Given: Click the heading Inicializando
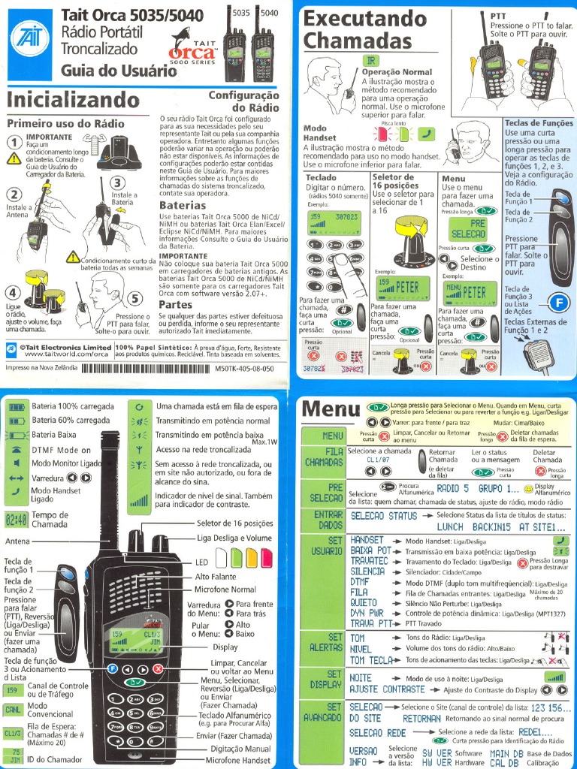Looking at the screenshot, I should click(x=73, y=100).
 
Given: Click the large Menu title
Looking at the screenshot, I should click(x=331, y=410).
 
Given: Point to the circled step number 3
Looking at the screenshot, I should click(x=117, y=182).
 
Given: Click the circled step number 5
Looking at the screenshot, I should click(x=136, y=298).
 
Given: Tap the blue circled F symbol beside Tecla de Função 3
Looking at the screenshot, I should click(x=559, y=303).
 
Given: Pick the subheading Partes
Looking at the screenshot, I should click(x=175, y=306).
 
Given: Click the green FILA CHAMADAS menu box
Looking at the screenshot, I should click(x=324, y=457).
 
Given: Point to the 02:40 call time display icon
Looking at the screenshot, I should click(x=17, y=519).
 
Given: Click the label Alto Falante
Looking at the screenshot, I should click(x=216, y=577).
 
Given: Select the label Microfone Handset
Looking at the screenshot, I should click(x=240, y=760).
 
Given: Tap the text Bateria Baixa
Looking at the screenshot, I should click(x=54, y=434).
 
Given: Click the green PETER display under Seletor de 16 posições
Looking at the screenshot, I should click(x=397, y=288).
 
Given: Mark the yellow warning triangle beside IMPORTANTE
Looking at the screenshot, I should click(x=14, y=158).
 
